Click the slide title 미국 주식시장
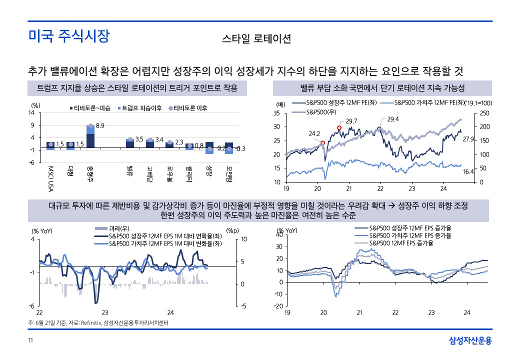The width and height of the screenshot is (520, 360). pyautogui.click(x=68, y=36)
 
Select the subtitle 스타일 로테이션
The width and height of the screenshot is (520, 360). pyautogui.click(x=256, y=39)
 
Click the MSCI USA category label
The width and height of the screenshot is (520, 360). pyautogui.click(x=50, y=179)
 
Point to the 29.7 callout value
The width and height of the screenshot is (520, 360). pyautogui.click(x=351, y=121)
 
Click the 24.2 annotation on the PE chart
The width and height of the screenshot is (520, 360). pyautogui.click(x=314, y=134)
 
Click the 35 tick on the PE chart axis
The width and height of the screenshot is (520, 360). pyautogui.click(x=276, y=113)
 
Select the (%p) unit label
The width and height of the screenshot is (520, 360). pyautogui.click(x=232, y=231)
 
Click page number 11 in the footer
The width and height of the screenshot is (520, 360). pyautogui.click(x=30, y=341)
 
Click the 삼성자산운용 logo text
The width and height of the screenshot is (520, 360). pyautogui.click(x=470, y=341)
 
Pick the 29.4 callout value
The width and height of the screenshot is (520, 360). pyautogui.click(x=393, y=119)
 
